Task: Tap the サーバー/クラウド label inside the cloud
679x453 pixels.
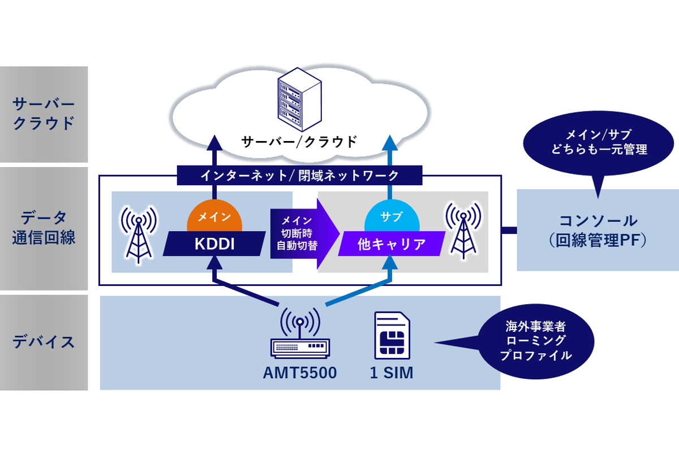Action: tap(299, 141)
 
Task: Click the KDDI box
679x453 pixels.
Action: tap(214, 243)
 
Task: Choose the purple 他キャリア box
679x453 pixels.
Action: tap(392, 243)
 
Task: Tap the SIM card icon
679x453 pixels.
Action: tap(392, 335)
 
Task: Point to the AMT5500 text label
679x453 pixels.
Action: tap(299, 373)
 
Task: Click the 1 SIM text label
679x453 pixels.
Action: tap(392, 373)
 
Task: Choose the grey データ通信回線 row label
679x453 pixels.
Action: tap(44, 228)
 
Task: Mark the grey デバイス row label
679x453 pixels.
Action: tap(44, 342)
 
